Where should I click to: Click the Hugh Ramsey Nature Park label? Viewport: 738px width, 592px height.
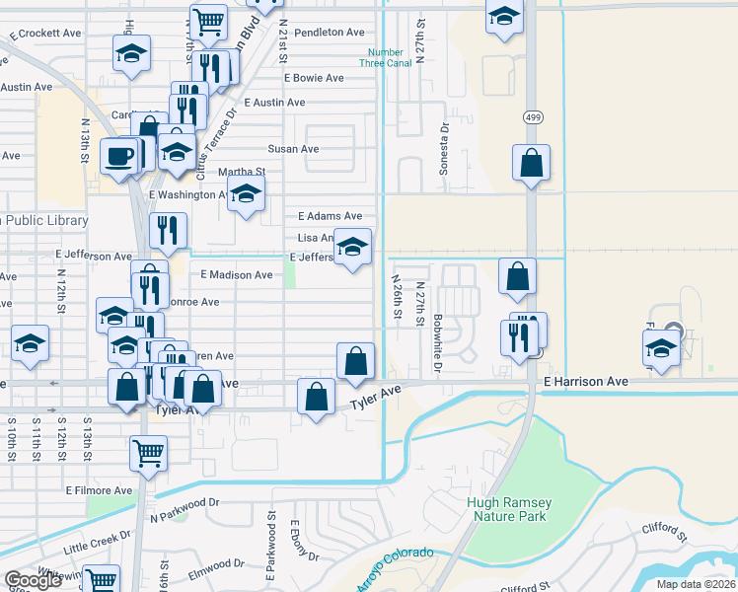click(x=510, y=509)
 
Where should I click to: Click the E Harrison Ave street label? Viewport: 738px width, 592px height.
click(x=585, y=381)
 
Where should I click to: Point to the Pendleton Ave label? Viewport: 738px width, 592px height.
click(x=329, y=33)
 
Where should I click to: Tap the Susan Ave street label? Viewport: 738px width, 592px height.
click(x=293, y=149)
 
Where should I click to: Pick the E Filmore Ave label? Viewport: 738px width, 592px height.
click(x=99, y=489)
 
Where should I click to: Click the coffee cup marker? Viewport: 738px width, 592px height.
click(x=119, y=155)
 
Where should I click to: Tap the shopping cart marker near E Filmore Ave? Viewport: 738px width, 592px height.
click(x=148, y=454)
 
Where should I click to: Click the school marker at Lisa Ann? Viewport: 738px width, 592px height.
click(x=351, y=247)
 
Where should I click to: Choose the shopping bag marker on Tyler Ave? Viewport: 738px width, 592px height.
click(x=315, y=398)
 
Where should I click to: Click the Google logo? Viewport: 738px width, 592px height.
click(x=33, y=580)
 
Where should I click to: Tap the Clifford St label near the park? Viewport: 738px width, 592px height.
click(x=668, y=538)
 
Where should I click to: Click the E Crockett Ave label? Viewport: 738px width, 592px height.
click(x=44, y=34)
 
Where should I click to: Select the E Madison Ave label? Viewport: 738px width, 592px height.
click(x=236, y=275)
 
